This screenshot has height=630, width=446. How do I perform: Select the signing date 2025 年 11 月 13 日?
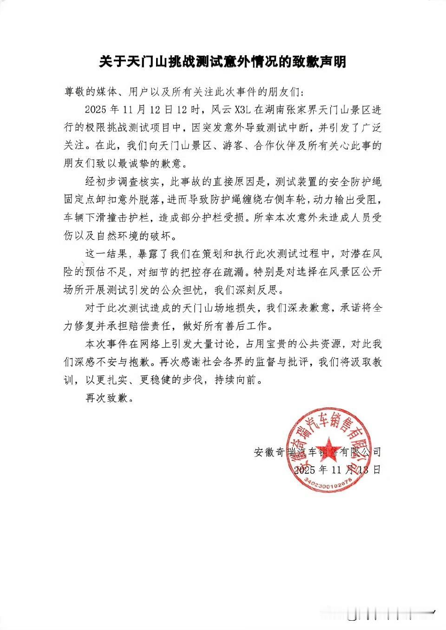[337, 469]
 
